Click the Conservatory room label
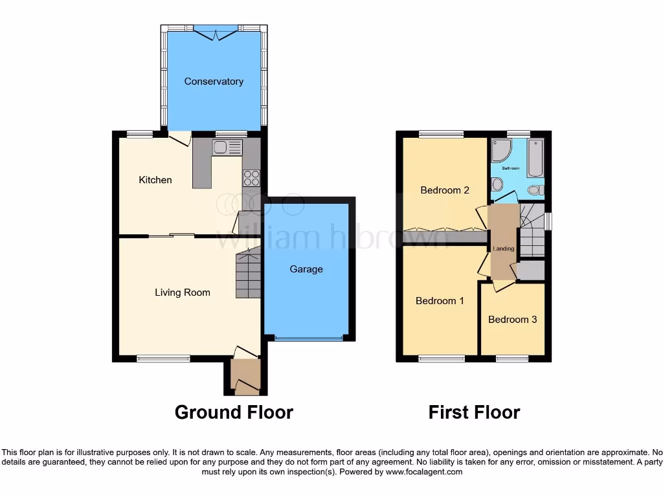(x=214, y=82)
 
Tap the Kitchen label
(x=155, y=180)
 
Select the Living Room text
(x=183, y=293)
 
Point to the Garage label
(x=306, y=269)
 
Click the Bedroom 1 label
(x=440, y=301)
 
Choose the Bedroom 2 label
(x=444, y=190)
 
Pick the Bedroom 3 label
(x=512, y=320)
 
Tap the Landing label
(x=503, y=248)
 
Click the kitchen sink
(x=227, y=148)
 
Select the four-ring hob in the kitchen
(x=251, y=178)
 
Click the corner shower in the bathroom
(x=500, y=151)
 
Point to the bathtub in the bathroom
(x=535, y=157)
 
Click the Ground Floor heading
(x=234, y=412)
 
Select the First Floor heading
(x=474, y=412)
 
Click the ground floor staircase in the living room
(x=248, y=274)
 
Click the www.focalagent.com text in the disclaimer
(x=424, y=472)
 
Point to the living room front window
(x=163, y=358)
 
